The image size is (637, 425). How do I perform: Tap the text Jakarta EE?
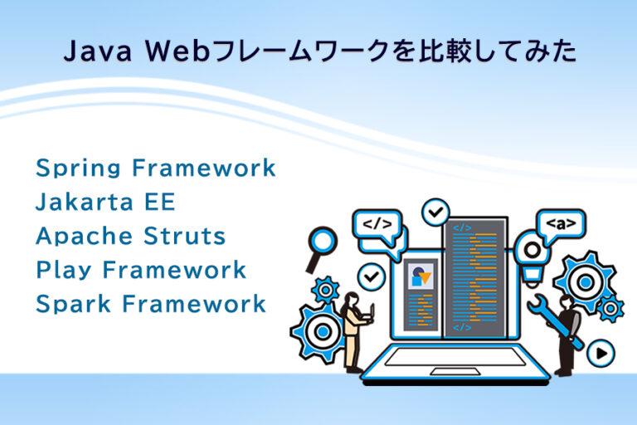105,203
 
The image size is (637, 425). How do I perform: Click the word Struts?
186,237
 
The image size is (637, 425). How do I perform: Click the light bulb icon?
531,252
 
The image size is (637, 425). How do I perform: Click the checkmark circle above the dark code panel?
435,213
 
